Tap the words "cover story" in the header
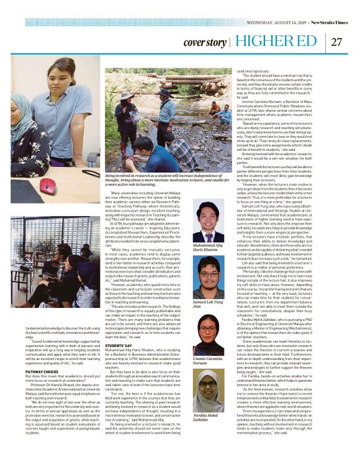coord(204,42)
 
